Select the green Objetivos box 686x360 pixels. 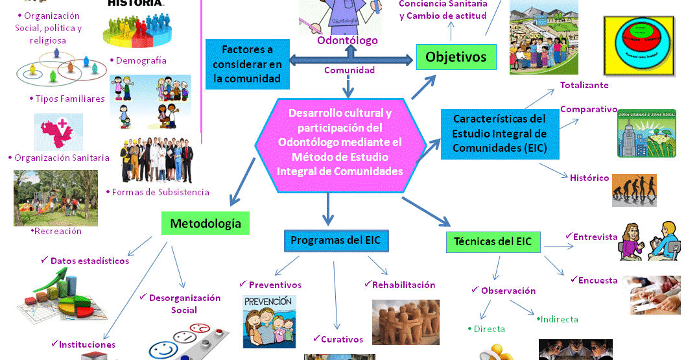(x=455, y=57)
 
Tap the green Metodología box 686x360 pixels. (x=205, y=224)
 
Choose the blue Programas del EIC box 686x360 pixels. (x=335, y=241)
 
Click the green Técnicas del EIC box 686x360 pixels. (x=493, y=242)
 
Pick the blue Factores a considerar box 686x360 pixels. (x=247, y=64)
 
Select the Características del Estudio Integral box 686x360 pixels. (x=499, y=134)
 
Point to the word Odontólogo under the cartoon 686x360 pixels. (x=347, y=41)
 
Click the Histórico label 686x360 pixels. (x=589, y=178)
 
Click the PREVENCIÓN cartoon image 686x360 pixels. (x=268, y=321)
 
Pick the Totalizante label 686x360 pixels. (x=584, y=85)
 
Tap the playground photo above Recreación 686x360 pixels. (x=56, y=198)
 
